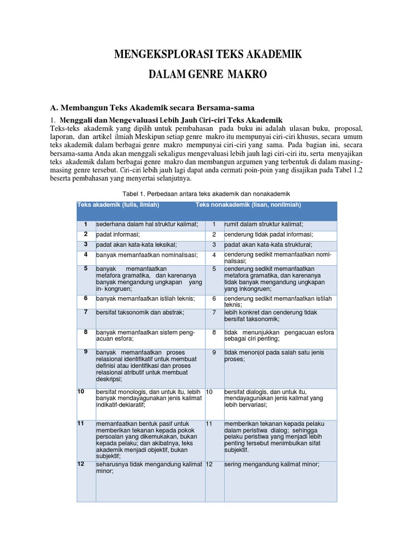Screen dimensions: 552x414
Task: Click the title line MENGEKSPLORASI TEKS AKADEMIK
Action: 208,54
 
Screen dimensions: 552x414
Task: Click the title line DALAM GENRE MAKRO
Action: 208,74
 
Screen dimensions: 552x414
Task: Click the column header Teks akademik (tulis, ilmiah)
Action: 119,205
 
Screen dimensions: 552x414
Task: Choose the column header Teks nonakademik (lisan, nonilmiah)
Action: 248,205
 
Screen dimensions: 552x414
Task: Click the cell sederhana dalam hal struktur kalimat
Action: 147,224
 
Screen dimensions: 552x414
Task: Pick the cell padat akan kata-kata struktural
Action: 263,244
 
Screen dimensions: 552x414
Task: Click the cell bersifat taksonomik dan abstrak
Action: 140,312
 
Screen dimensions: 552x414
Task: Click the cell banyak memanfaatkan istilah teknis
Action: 145,298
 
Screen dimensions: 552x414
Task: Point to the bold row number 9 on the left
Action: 86,351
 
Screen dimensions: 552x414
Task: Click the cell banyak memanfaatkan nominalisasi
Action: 147,254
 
